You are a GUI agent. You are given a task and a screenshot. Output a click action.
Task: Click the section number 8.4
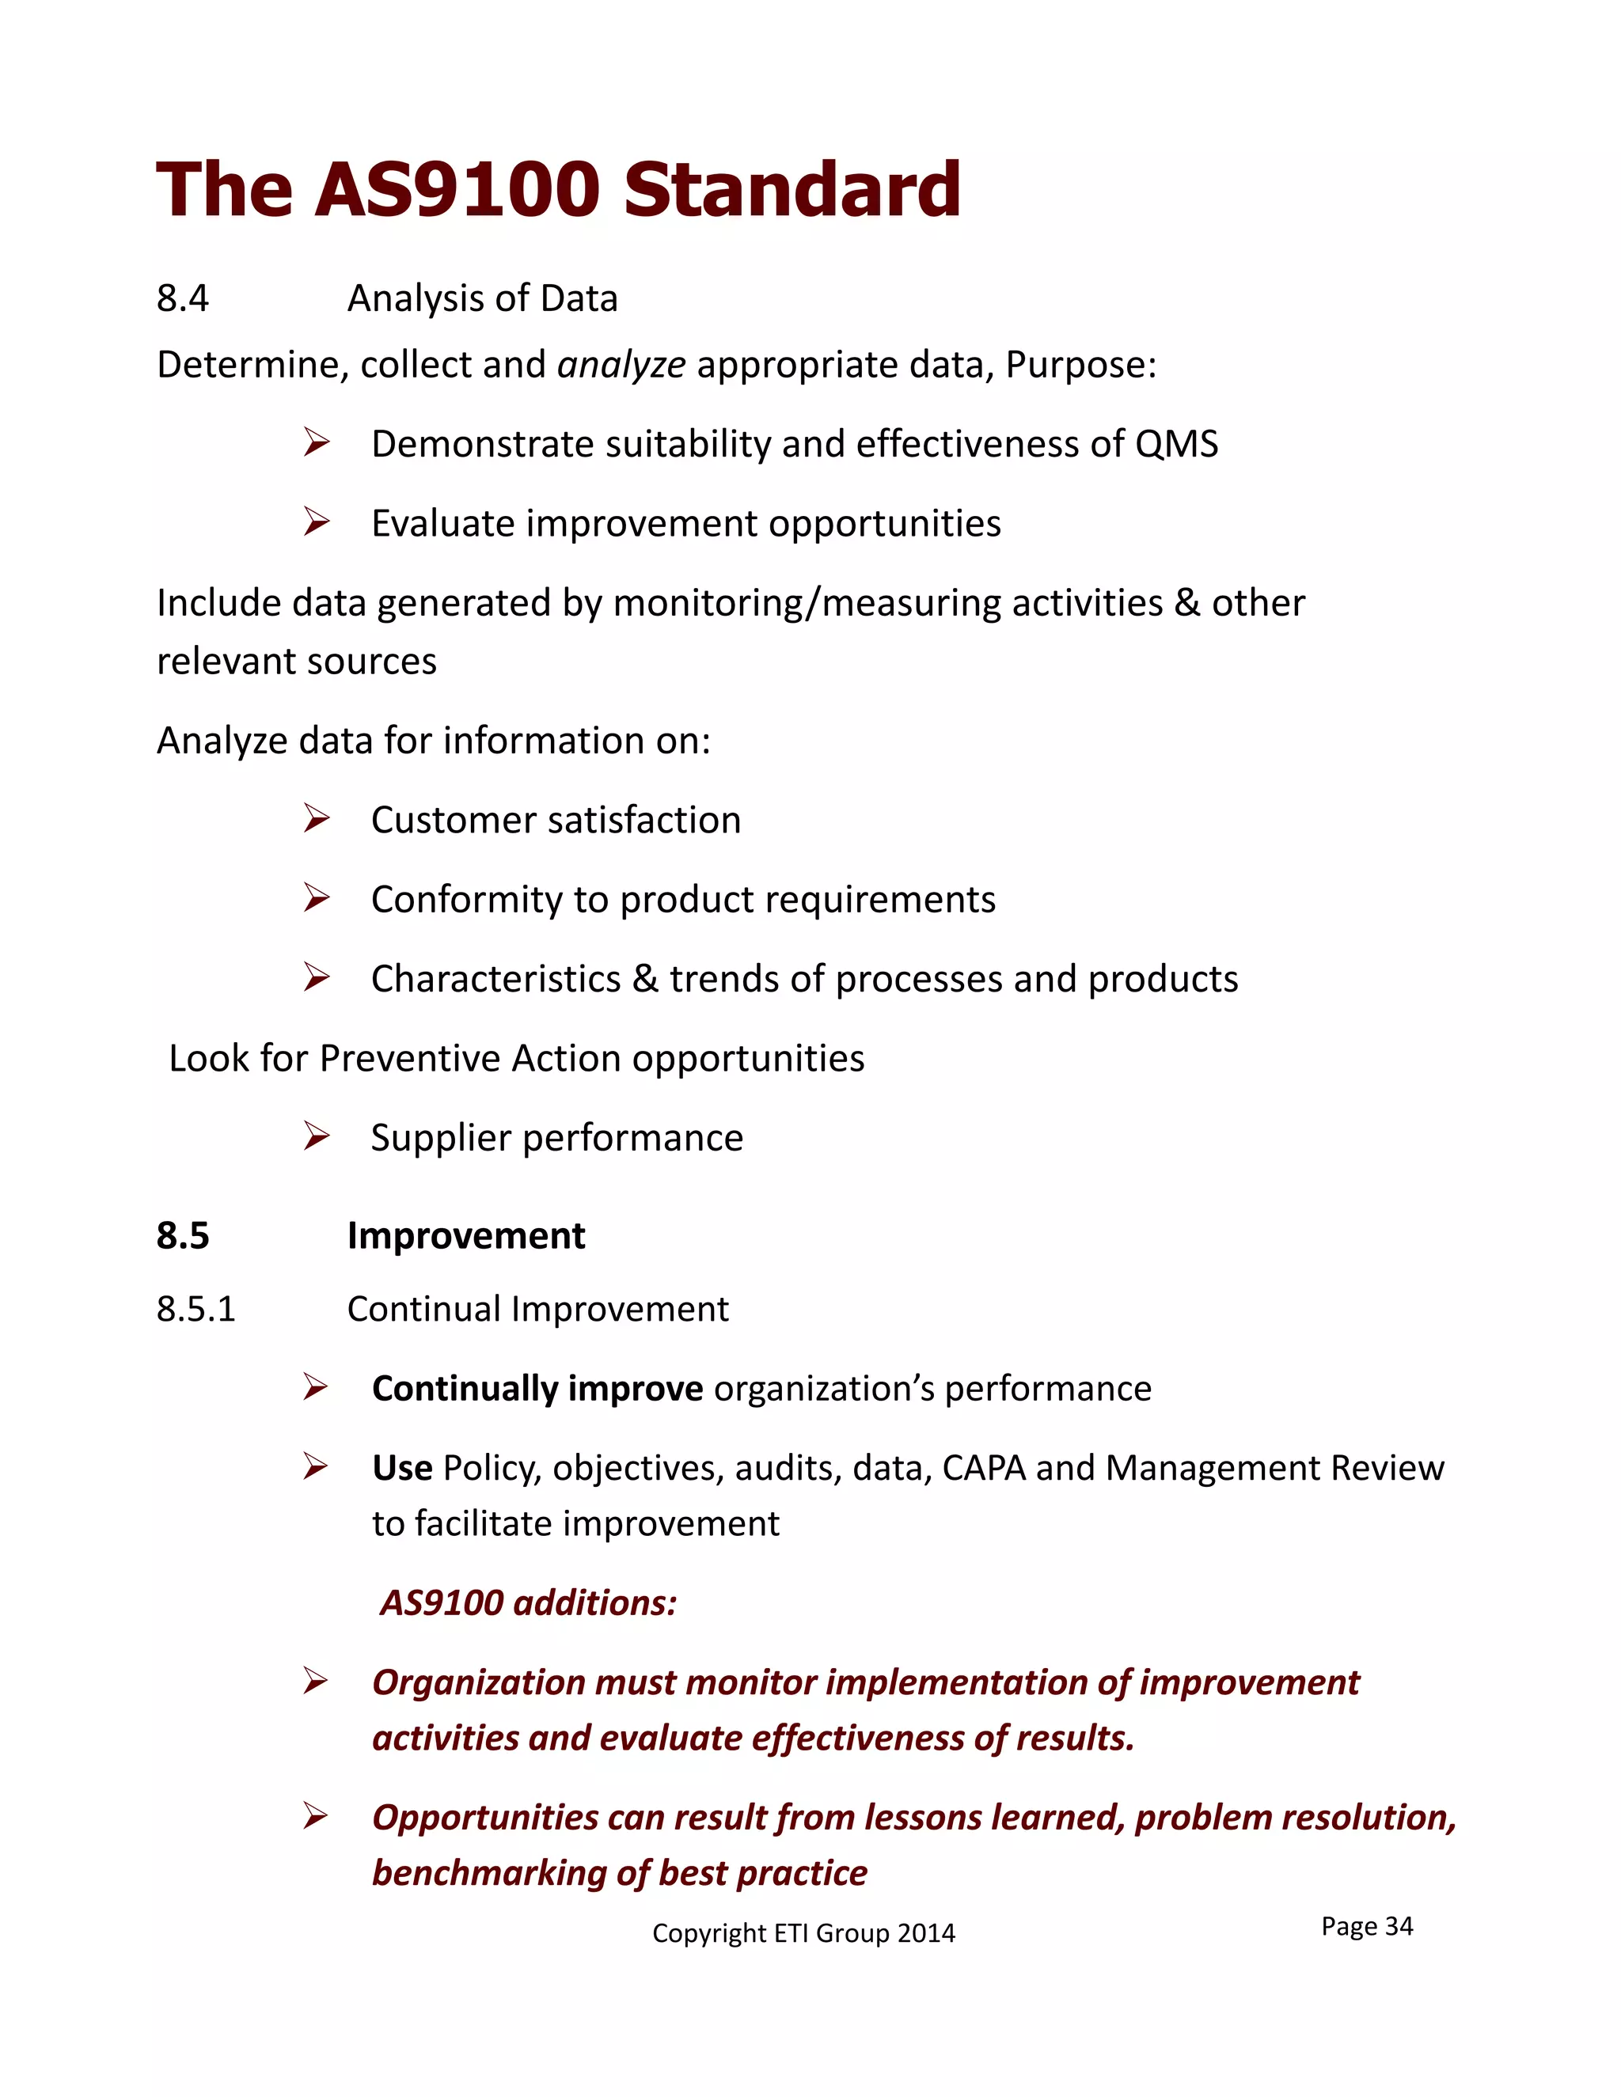(183, 298)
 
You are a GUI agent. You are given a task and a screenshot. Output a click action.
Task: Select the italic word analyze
(621, 365)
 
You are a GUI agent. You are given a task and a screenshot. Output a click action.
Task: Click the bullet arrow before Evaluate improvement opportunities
(316, 522)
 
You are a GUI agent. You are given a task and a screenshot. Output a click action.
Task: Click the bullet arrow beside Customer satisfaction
(316, 819)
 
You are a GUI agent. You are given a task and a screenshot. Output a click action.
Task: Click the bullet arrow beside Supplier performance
(316, 1137)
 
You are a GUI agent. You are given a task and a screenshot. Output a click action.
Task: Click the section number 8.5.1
(196, 1309)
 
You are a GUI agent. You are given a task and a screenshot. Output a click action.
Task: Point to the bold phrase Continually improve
(537, 1389)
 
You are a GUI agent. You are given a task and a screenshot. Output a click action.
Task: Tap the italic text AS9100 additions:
(528, 1602)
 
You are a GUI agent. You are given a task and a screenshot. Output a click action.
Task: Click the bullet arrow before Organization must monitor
(316, 1682)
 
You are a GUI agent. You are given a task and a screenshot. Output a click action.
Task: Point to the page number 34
(1399, 1926)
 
